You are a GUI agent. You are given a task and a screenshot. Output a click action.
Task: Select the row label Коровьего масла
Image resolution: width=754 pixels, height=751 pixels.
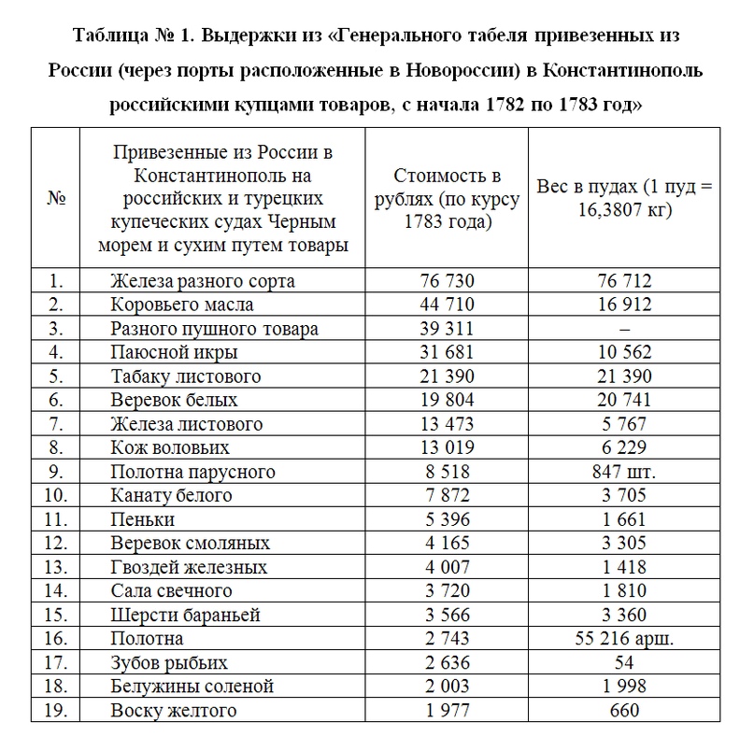[181, 305]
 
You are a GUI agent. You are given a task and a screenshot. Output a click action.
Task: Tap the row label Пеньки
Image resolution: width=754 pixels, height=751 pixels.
[142, 519]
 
